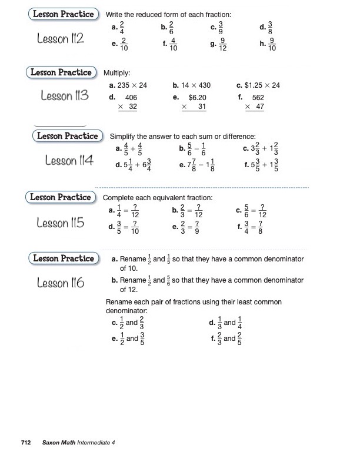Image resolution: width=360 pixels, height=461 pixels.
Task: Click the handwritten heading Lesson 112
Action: [60, 39]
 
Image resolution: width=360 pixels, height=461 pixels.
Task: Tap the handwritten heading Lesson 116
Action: [61, 283]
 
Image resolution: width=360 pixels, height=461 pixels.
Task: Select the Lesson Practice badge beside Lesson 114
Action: [68, 136]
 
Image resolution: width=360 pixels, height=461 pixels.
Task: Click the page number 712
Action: [25, 442]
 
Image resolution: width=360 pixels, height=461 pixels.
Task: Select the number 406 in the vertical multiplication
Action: [131, 98]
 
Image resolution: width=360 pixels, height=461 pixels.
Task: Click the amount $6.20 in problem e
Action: [197, 98]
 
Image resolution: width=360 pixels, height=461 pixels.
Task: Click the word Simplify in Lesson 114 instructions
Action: [125, 136]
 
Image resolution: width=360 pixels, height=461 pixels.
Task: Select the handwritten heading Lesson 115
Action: [61, 223]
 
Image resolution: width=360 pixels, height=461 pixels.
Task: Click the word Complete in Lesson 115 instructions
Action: [118, 198]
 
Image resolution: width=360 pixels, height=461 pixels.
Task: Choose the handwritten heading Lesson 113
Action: [65, 95]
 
